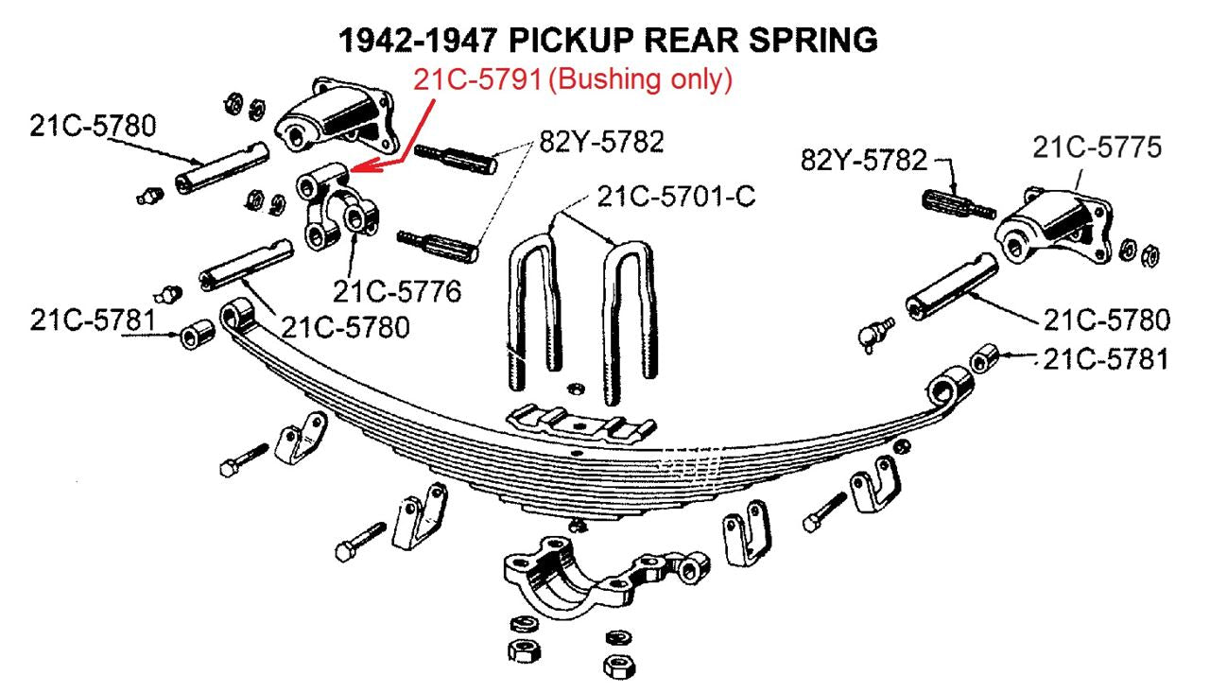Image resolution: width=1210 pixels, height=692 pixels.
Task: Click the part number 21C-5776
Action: click(x=396, y=291)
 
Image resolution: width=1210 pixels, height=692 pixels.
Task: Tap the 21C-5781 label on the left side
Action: click(x=91, y=321)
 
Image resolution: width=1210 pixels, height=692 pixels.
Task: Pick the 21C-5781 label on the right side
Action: click(x=1106, y=358)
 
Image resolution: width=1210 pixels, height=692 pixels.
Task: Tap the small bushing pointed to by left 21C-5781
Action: click(x=197, y=334)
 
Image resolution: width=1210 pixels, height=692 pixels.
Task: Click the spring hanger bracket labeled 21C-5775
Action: click(x=1049, y=227)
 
